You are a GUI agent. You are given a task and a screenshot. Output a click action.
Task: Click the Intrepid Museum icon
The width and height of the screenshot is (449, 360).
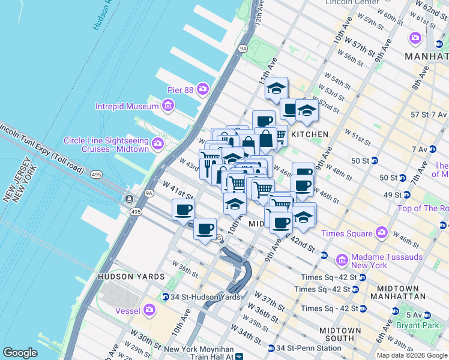pyautogui.click(x=169, y=107)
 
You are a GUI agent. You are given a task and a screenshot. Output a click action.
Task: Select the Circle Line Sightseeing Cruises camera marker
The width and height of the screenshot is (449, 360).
pyautogui.click(x=158, y=143)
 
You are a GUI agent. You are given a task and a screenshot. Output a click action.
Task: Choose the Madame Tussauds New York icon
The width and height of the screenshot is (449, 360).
pyautogui.click(x=342, y=260)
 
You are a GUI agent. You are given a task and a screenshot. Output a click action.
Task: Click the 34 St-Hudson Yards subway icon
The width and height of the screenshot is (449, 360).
pyautogui.click(x=166, y=297)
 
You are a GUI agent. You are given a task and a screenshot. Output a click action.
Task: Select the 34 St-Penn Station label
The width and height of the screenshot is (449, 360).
pyautogui.click(x=308, y=348)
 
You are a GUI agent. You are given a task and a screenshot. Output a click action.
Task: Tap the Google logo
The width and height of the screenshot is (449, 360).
pyautogui.click(x=20, y=353)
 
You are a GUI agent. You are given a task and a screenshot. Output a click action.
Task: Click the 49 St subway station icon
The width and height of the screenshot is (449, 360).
pyautogui.click(x=406, y=195)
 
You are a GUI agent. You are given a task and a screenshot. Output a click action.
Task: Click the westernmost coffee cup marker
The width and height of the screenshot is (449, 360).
pyautogui.click(x=183, y=211)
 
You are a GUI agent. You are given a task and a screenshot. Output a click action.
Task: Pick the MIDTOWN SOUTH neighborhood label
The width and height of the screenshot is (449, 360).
pyautogui.click(x=340, y=335)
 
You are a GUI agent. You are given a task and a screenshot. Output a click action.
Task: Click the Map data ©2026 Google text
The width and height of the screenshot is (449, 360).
pyautogui.click(x=412, y=355)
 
